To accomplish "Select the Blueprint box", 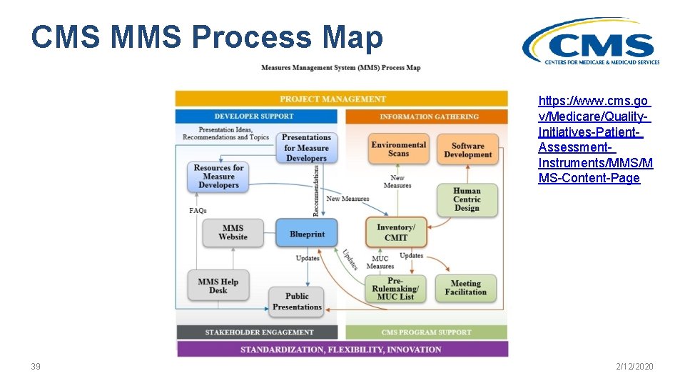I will click(307, 234).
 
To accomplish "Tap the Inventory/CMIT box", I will click(396, 232).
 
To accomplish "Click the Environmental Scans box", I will click(398, 149).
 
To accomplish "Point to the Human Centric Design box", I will click(467, 199).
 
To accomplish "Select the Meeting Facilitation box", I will click(465, 287).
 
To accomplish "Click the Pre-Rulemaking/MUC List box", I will click(396, 288).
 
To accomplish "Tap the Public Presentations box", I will click(297, 302).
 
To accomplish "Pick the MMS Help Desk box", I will click(218, 286).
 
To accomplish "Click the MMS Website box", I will click(233, 233).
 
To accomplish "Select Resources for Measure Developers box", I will click(218, 177).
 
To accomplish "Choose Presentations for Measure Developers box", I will click(306, 148).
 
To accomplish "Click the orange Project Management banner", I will click(342, 99).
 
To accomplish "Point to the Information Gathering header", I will click(427, 117).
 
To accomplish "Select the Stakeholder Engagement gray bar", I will click(258, 332).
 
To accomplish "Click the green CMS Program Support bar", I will click(426, 332).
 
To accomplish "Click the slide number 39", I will click(36, 367).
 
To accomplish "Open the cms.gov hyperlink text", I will click(594, 139).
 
